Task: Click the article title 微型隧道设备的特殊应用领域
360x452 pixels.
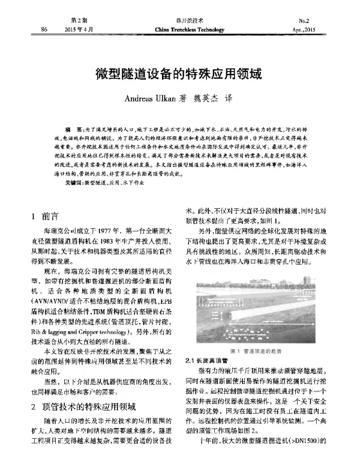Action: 179,75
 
